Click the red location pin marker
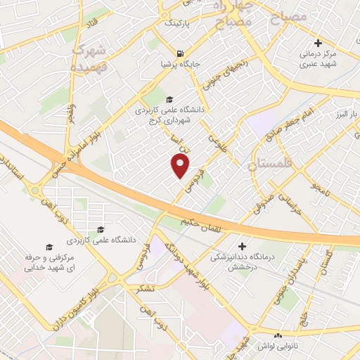(181, 166)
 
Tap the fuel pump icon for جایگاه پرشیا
(181, 54)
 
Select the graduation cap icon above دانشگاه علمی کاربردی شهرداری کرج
(169, 99)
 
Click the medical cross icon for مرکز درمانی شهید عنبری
(319, 44)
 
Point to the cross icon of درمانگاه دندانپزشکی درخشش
(242, 247)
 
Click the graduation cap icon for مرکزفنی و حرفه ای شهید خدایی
(49, 247)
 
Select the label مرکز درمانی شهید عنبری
(319, 59)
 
